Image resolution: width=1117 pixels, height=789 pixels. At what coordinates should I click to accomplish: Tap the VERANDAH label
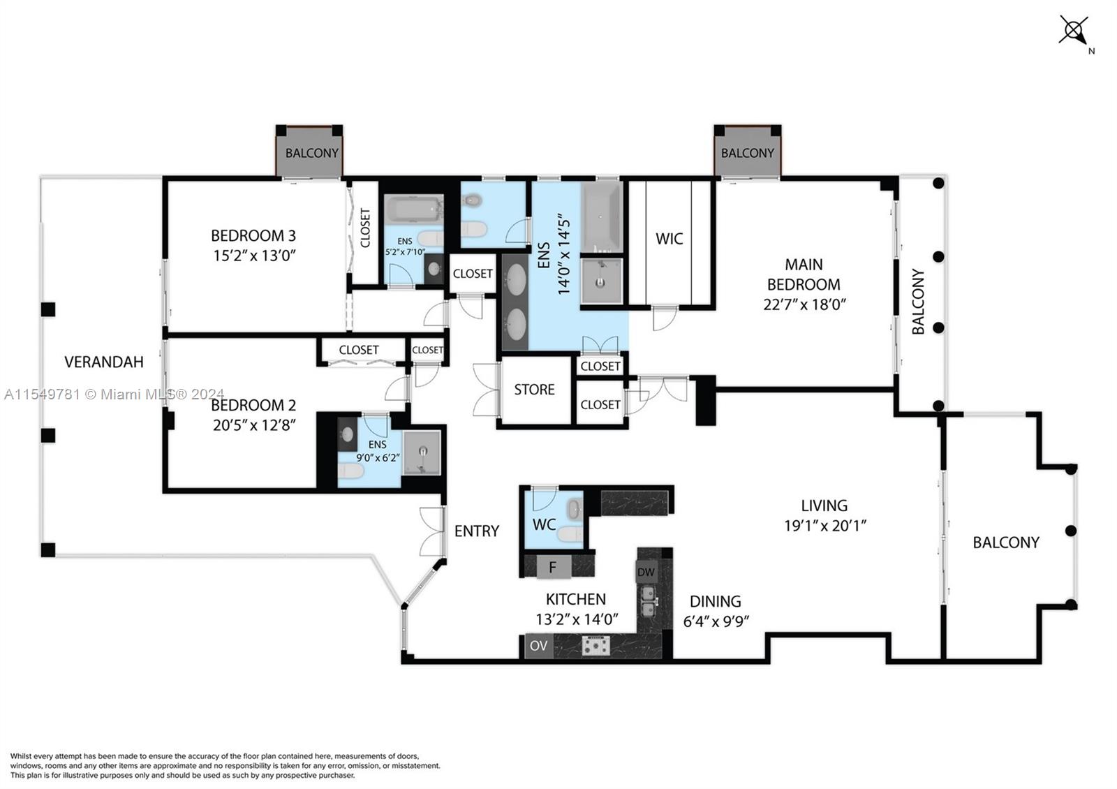(x=104, y=362)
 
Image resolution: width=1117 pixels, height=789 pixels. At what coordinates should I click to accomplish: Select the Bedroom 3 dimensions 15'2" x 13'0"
(x=255, y=256)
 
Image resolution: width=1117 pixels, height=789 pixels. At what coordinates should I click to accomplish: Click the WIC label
(x=669, y=239)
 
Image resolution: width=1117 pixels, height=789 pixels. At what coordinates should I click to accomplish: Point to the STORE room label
(x=534, y=390)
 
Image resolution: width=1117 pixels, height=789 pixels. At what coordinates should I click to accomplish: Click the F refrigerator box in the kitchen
(x=552, y=568)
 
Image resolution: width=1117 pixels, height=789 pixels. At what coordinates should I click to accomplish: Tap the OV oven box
(x=538, y=646)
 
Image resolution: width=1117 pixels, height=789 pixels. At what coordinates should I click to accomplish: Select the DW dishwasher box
(x=646, y=573)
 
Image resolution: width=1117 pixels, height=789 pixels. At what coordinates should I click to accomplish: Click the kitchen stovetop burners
(x=595, y=646)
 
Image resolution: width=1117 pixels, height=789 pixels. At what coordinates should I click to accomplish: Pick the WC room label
(x=544, y=524)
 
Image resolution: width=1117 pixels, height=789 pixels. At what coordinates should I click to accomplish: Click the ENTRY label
(x=477, y=531)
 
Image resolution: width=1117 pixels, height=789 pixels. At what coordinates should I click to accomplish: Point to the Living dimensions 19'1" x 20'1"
(x=824, y=526)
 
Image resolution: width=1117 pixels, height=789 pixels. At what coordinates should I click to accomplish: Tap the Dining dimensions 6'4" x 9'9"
(x=716, y=621)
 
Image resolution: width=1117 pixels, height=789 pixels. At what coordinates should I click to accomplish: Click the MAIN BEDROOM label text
(x=804, y=274)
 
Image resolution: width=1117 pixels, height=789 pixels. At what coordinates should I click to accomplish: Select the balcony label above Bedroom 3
(x=311, y=153)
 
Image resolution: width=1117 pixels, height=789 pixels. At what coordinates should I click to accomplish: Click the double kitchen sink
(x=649, y=601)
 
